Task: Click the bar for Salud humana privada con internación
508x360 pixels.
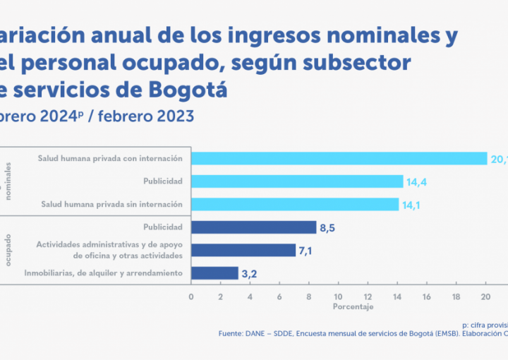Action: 339,158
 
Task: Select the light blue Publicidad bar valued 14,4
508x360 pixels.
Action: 296,181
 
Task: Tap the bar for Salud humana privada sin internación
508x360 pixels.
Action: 294,204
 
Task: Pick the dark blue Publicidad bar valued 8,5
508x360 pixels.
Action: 253,227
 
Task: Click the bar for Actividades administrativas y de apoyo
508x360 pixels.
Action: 243,250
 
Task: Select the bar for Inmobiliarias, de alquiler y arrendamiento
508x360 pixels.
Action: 214,272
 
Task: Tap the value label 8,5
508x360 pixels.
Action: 327,227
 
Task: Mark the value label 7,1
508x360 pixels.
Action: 307,251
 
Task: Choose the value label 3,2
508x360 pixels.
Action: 249,273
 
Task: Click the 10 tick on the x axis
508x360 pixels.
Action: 339,296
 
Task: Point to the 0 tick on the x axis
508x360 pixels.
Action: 190,296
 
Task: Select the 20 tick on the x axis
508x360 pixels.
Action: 486,296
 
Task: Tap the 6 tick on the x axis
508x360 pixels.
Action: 279,296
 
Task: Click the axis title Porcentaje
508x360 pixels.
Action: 353,307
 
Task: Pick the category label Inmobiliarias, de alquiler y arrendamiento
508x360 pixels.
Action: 104,272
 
